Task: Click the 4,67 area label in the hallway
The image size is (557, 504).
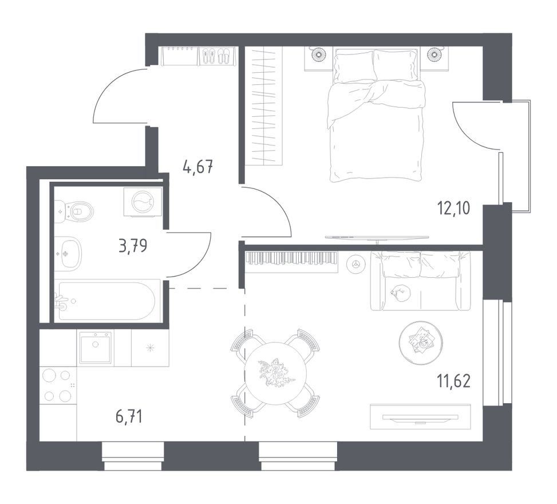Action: [198, 167]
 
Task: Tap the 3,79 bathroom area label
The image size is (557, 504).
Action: [133, 245]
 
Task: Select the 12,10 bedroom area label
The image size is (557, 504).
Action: [454, 208]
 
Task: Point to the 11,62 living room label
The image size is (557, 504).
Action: [455, 381]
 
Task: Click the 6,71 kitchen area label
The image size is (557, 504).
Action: [129, 416]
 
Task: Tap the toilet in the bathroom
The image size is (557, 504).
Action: [76, 212]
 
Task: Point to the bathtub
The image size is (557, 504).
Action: [106, 301]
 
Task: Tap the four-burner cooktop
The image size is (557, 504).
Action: [58, 385]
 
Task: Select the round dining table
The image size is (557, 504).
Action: [276, 373]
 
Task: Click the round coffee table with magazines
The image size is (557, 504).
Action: [421, 343]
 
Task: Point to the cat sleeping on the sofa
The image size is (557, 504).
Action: [400, 293]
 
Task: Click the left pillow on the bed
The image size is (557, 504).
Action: [355, 66]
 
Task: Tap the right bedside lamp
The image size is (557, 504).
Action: [434, 54]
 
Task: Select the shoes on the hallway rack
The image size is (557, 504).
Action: [216, 56]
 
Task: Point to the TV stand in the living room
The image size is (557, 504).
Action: [420, 416]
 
